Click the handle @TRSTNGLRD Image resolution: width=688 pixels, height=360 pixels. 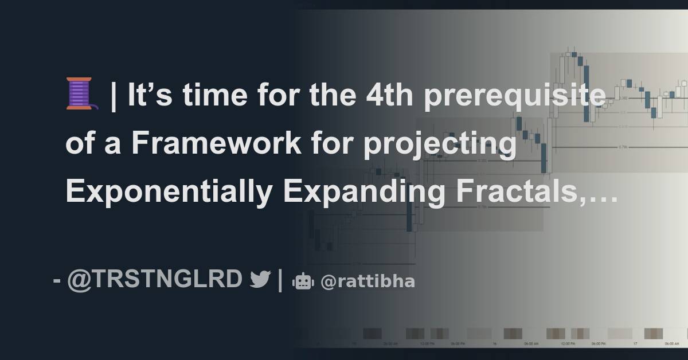155,280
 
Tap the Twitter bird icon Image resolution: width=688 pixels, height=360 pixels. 260,280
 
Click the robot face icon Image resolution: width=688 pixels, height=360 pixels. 302,281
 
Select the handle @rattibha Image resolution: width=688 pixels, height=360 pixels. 368,281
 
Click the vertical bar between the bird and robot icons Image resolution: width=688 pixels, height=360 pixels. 280,280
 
